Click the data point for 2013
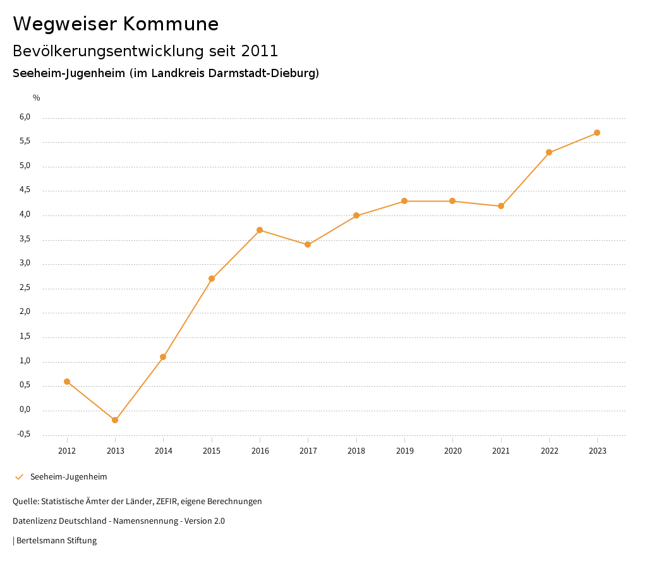[x=115, y=420]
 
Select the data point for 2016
[x=260, y=230]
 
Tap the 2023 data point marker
[x=597, y=133]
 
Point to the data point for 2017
[x=308, y=244]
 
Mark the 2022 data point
[x=549, y=152]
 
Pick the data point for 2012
[x=67, y=382]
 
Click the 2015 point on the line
[x=212, y=279]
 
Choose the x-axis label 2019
[x=404, y=451]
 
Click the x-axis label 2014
[x=163, y=451]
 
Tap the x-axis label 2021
[x=501, y=451]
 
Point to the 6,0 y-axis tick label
[x=25, y=118]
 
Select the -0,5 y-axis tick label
[x=24, y=435]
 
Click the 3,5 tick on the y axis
[x=25, y=239]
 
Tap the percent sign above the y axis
[x=37, y=98]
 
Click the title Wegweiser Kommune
[x=116, y=24]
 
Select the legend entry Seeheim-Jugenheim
[x=68, y=477]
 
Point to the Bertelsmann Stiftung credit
[x=56, y=541]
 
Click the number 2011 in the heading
[x=260, y=51]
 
